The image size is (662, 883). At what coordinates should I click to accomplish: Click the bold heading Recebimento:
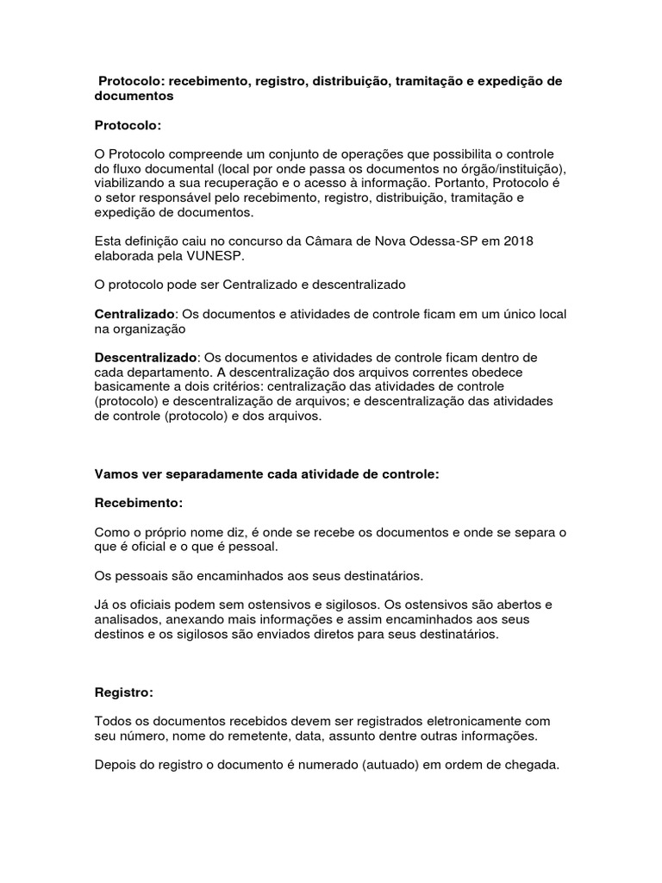click(138, 502)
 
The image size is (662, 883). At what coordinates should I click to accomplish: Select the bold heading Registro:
click(123, 692)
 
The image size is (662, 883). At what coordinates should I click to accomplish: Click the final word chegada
click(534, 764)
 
